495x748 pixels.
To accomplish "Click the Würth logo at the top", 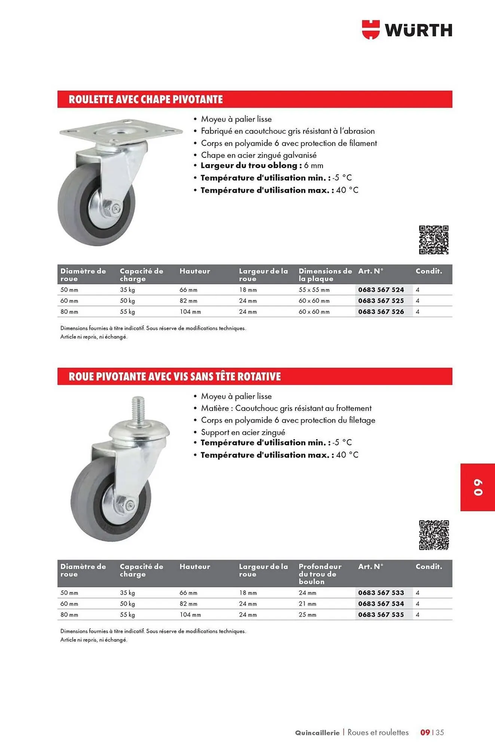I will pyautogui.click(x=407, y=30).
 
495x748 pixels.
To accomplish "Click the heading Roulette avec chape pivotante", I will pyautogui.click(x=146, y=99).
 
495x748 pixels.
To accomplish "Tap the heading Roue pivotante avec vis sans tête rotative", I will pyautogui.click(x=174, y=377).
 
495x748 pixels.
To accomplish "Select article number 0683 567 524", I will pyautogui.click(x=381, y=290).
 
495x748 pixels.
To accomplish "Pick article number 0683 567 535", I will pyautogui.click(x=381, y=614).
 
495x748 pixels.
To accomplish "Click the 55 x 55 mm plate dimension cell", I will pyautogui.click(x=314, y=290).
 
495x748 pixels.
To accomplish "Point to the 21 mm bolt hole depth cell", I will pyautogui.click(x=307, y=604).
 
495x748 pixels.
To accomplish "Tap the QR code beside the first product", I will pyautogui.click(x=434, y=240).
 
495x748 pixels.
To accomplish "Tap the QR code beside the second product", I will pyautogui.click(x=434, y=535).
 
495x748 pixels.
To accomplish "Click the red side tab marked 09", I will pyautogui.click(x=478, y=487).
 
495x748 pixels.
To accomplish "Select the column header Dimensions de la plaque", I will pyautogui.click(x=325, y=275).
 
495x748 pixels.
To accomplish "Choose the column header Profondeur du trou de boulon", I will pyautogui.click(x=320, y=574).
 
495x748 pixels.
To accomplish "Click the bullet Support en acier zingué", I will pyautogui.click(x=243, y=432).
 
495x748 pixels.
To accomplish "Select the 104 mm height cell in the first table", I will pyautogui.click(x=190, y=312).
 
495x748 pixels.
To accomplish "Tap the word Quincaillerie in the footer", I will pyautogui.click(x=317, y=733).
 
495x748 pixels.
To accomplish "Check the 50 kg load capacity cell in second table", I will pyautogui.click(x=127, y=604).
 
